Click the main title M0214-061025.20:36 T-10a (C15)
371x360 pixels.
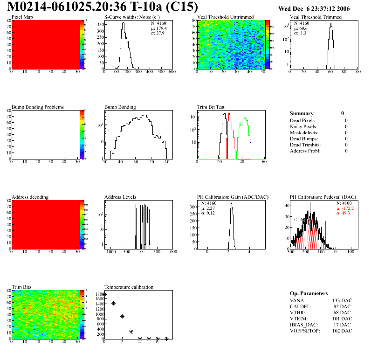tap(103, 7)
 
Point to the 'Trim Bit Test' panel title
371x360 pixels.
tap(211, 107)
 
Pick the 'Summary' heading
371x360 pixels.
tap(302, 113)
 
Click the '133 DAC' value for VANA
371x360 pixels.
tap(343, 300)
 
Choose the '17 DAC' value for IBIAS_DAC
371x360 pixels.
tap(344, 325)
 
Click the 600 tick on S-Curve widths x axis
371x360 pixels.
tap(172, 72)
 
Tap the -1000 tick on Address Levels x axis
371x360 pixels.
tap(110, 252)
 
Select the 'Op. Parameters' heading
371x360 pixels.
tap(309, 293)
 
